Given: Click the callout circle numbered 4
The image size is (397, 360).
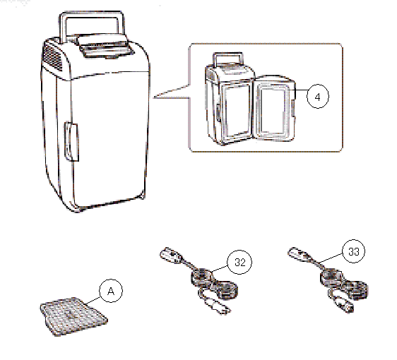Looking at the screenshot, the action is (318, 97).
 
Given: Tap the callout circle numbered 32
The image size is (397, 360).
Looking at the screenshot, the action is (239, 262).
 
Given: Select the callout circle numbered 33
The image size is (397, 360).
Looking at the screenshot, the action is (354, 251).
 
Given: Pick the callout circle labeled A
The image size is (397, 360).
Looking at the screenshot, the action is (111, 291).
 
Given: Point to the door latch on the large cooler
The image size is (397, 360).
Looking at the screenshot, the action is (71, 142).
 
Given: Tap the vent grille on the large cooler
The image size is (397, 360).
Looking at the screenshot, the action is (53, 57).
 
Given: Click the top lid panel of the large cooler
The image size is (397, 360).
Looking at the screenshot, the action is (106, 46).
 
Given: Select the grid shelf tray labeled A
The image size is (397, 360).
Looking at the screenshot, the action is (73, 316).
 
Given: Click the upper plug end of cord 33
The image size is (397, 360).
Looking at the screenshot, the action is (297, 253).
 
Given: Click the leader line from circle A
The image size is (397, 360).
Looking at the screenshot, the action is (93, 301).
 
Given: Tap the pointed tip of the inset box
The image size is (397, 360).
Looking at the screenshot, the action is (153, 97).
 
